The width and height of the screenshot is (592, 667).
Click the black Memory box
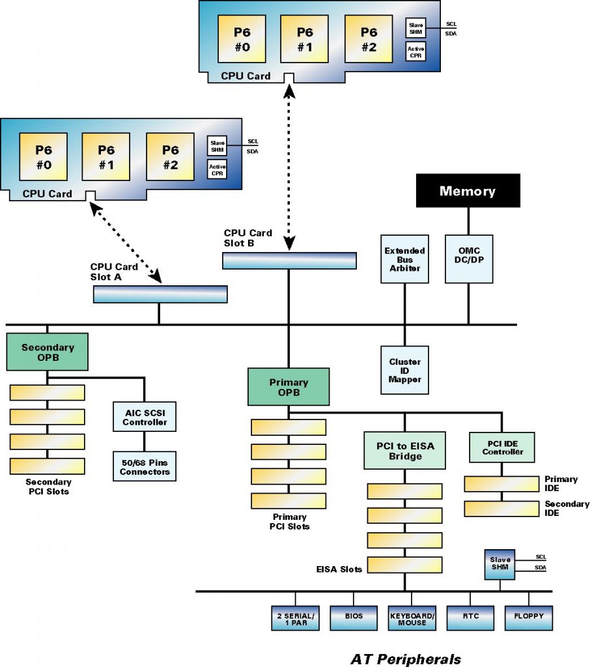(x=468, y=190)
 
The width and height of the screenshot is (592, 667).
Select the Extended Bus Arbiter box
(x=404, y=259)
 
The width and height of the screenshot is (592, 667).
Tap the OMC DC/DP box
(x=468, y=259)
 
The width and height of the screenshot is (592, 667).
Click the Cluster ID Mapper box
(x=404, y=370)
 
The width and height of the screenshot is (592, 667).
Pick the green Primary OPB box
(x=289, y=387)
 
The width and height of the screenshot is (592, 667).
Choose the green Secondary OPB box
(x=47, y=352)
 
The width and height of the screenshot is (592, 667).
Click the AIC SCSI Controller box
(x=145, y=417)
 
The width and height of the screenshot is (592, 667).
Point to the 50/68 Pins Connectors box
(x=145, y=466)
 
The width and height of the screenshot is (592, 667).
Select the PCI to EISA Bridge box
(x=404, y=451)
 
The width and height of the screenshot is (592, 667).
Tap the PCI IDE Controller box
(x=502, y=447)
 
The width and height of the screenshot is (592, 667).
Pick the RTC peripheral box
(x=471, y=617)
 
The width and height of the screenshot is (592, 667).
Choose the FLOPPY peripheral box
(x=528, y=617)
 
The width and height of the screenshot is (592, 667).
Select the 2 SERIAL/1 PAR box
(x=295, y=617)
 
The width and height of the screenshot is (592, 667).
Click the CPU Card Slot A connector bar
(x=160, y=294)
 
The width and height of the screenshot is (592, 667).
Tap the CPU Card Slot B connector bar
(x=289, y=260)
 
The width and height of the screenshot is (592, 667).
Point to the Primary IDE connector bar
(x=501, y=484)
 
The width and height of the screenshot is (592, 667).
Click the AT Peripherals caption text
(x=406, y=659)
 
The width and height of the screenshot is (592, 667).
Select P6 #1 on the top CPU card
(x=304, y=38)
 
